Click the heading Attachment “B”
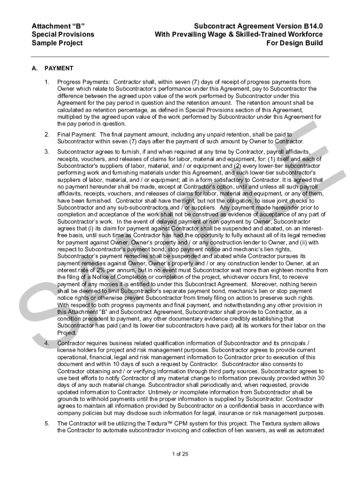(x=58, y=25)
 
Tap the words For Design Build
(x=295, y=43)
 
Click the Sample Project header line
(x=57, y=43)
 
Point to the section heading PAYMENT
(x=59, y=68)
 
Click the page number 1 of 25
(x=180, y=454)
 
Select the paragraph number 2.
(x=47, y=135)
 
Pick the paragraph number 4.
(x=47, y=343)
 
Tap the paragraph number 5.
(x=47, y=423)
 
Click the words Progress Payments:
(x=80, y=82)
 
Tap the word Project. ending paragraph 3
(x=67, y=333)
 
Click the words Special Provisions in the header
(x=63, y=34)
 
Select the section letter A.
(x=34, y=68)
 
